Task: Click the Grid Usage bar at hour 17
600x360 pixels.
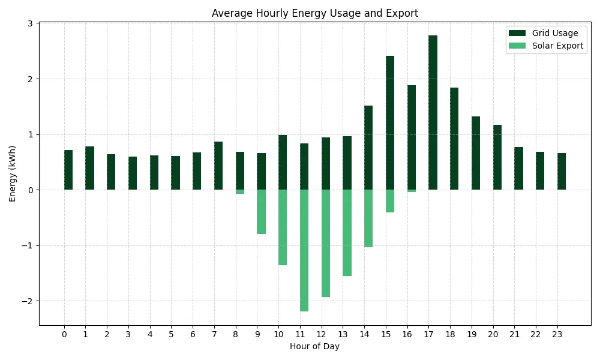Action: coord(433,112)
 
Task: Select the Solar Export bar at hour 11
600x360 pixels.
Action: coord(304,251)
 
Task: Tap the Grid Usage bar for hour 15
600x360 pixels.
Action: coord(390,123)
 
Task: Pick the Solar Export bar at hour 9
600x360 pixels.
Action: coord(262,212)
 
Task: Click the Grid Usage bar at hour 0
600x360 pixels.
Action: coord(68,170)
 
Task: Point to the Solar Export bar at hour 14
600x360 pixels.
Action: coord(368,218)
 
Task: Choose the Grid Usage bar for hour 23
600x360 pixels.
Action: coord(562,172)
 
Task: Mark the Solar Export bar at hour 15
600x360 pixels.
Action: coord(390,201)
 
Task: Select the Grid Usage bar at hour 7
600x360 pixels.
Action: coord(218,166)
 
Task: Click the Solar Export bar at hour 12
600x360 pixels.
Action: coord(326,244)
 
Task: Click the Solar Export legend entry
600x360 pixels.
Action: coord(546,46)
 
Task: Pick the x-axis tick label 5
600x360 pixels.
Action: coord(171,334)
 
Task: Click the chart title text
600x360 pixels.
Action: coord(315,13)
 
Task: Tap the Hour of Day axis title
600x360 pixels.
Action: coord(314,347)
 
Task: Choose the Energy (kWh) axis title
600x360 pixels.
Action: coord(12,173)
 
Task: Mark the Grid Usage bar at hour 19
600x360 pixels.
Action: coord(476,153)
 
